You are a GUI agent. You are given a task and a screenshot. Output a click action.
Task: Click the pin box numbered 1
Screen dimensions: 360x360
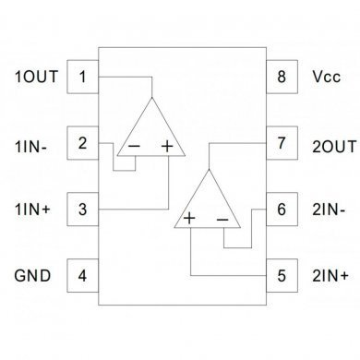pos(84,77)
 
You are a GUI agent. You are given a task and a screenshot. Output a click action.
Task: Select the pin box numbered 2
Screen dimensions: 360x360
pos(84,143)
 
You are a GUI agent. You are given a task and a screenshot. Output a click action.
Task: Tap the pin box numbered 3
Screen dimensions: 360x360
pos(84,210)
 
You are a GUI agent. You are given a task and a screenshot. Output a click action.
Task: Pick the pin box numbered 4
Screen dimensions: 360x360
pos(84,276)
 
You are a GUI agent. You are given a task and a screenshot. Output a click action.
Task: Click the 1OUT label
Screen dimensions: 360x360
pos(36,77)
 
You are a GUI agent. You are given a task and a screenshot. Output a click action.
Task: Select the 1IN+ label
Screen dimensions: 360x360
pos(34,210)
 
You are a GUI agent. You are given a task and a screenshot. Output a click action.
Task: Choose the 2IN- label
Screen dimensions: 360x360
pos(328,210)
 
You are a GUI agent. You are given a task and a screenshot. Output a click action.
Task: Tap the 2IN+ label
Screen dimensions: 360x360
pos(329,276)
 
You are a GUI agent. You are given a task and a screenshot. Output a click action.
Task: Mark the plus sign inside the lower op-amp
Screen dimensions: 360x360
pos(189,219)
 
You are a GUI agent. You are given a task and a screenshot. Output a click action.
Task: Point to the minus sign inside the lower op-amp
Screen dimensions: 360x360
pos(222,219)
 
